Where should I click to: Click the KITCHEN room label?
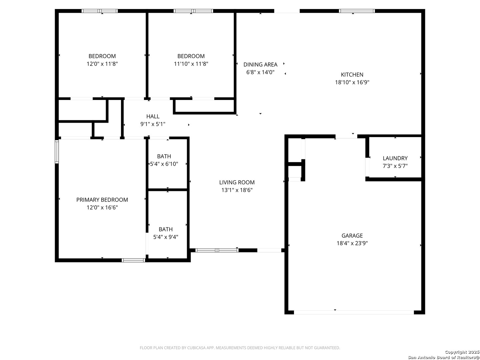(352, 75)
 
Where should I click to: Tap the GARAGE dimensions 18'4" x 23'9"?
(352, 243)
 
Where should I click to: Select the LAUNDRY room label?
(395, 158)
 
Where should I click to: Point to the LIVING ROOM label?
(237, 182)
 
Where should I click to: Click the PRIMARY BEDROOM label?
(102, 200)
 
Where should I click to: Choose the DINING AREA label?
(260, 65)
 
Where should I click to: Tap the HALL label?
(153, 116)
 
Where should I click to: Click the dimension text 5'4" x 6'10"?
(164, 164)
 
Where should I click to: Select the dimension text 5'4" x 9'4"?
(166, 237)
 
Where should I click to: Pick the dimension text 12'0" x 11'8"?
(102, 64)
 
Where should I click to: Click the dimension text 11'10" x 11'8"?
(191, 64)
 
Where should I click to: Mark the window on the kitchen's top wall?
(357, 11)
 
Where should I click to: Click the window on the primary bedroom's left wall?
(57, 152)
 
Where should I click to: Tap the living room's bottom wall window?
(217, 250)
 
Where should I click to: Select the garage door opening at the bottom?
(354, 312)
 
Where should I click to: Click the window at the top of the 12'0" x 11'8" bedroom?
(100, 11)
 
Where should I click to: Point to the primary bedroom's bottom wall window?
(133, 260)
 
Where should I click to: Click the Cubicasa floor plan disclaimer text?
(240, 348)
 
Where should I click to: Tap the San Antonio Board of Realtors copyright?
(444, 357)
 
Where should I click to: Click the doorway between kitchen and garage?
(346, 136)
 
